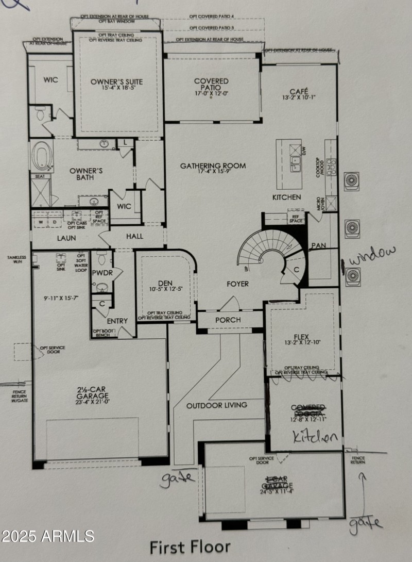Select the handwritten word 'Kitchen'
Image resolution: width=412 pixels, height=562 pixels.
point(315,437)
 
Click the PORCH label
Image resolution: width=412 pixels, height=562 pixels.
point(228,320)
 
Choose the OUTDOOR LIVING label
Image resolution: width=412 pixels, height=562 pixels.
point(216,405)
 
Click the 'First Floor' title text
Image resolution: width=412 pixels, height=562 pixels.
point(190,547)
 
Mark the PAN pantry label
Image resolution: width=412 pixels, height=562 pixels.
point(318,246)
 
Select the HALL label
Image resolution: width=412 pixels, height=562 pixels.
point(134,236)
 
